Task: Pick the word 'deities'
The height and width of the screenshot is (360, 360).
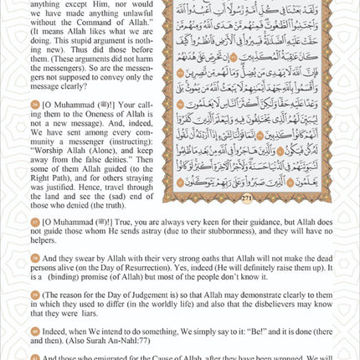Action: tap(108, 169)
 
